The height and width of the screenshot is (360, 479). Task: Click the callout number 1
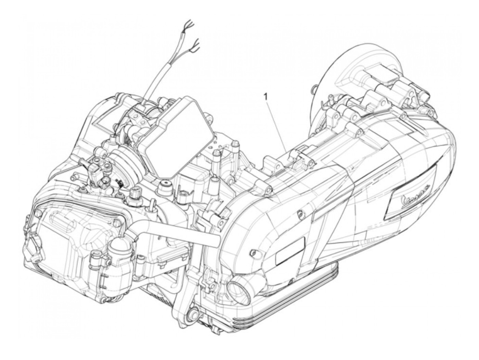(265, 97)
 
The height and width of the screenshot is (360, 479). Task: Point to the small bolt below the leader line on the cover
(300, 214)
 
